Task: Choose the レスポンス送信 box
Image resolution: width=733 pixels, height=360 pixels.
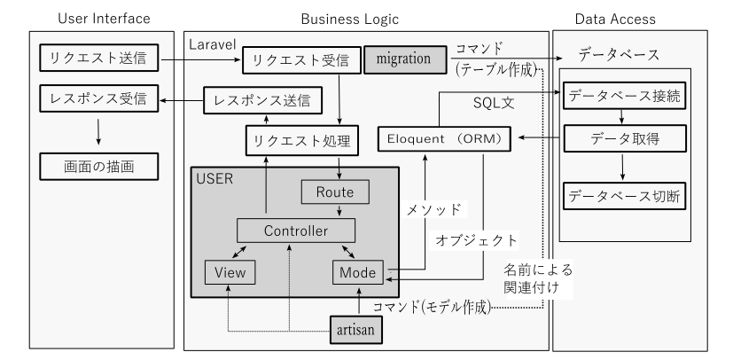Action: point(263,100)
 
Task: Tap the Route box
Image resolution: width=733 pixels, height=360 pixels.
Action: point(334,191)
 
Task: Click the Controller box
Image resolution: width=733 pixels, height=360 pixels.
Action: point(296,231)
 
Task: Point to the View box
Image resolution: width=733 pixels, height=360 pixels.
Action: point(230,272)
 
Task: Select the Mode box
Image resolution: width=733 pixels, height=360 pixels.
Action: point(358,272)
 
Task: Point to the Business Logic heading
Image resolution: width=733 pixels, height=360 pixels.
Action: point(350,17)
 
